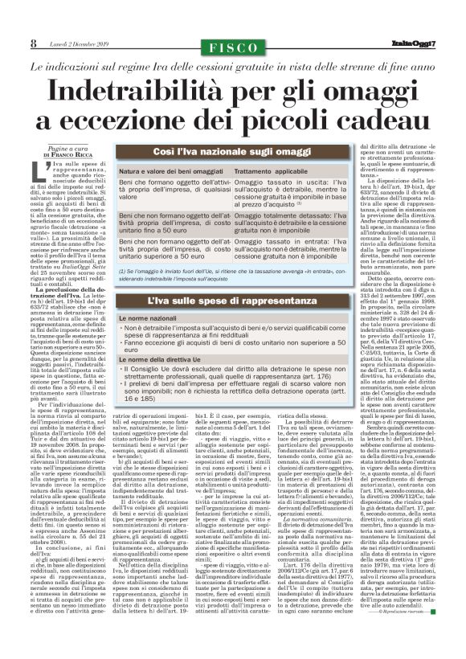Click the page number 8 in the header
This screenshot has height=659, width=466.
34,43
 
